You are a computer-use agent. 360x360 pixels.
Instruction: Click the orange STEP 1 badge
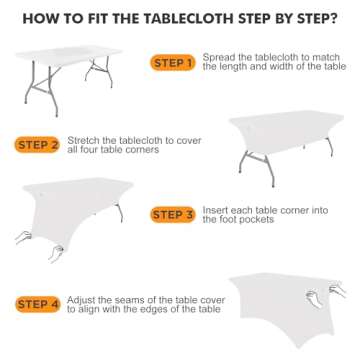(173, 63)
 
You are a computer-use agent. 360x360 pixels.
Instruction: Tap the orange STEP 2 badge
(37, 145)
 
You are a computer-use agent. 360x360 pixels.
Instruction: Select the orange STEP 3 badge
(172, 214)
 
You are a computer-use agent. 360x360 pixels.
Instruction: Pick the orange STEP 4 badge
(38, 304)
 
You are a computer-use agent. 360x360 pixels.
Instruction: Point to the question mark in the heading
(332, 19)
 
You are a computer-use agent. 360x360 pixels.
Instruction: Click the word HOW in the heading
(38, 19)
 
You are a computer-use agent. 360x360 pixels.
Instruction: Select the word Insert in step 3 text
(215, 210)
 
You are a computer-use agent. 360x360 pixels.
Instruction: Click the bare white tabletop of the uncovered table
(69, 53)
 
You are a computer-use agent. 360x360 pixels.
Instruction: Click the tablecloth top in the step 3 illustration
(77, 186)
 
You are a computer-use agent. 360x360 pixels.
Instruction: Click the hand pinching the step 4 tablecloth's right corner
(337, 289)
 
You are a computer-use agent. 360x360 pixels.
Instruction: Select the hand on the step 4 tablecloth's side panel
(314, 298)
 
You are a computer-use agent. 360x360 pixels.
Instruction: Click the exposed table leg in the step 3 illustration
(119, 213)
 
